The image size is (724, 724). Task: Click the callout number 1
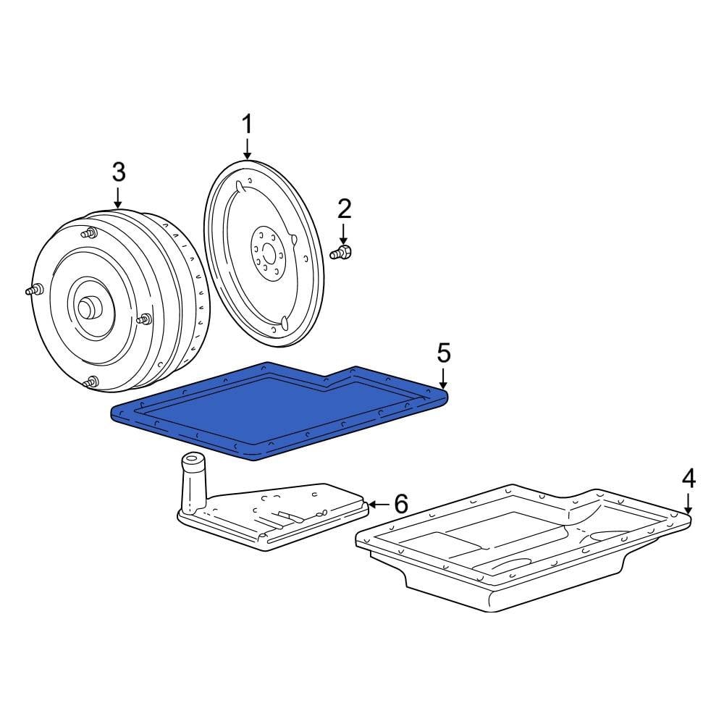247,125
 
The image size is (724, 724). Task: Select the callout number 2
344,210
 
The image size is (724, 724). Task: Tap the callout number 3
118,172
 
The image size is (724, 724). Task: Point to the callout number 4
689,478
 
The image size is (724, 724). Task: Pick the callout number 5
444,353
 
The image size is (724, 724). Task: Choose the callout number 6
400,503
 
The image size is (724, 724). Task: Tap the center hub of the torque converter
89,307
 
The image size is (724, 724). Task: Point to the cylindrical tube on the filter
193,481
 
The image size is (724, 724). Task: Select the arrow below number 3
118,197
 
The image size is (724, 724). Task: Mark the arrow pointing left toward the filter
378,504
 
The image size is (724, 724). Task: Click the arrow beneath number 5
444,377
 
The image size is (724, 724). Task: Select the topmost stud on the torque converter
90,234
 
